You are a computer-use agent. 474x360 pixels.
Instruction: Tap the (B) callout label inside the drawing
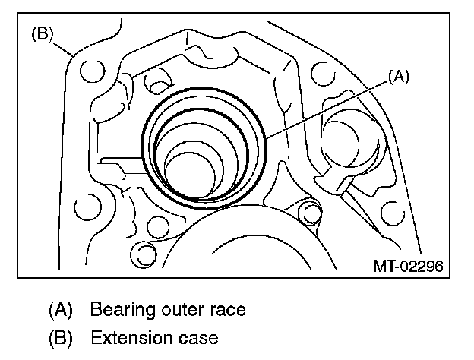coord(41,35)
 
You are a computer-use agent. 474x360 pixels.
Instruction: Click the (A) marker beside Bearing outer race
coord(60,309)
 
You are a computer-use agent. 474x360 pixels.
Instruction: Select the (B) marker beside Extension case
coord(60,336)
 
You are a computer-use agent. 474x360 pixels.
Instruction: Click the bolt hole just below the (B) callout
coord(91,72)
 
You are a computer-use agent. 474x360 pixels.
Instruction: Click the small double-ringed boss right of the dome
coord(307,209)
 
